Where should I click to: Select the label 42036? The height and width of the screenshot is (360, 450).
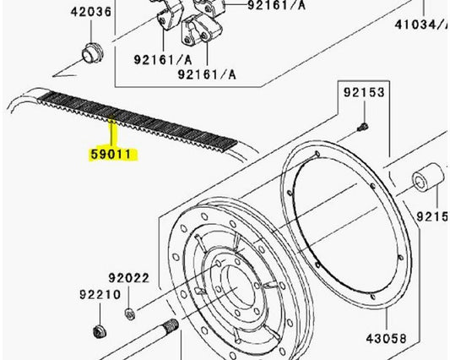click(x=89, y=13)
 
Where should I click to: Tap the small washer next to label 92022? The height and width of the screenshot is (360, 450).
click(x=128, y=314)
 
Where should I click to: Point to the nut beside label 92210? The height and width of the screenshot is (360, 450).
click(x=96, y=330)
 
